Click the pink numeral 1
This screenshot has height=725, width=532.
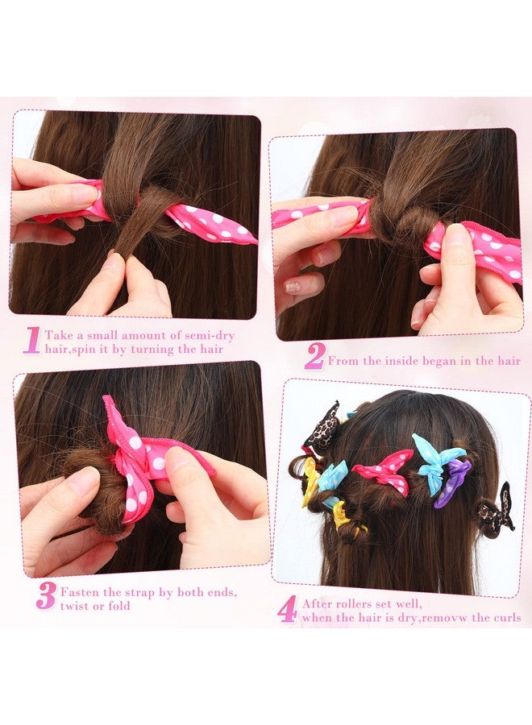[x=32, y=341]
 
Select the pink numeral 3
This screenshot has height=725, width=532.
[x=46, y=596]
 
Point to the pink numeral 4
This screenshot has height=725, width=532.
[x=287, y=610]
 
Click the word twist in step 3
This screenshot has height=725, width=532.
[x=74, y=605]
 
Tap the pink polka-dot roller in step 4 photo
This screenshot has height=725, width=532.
[x=384, y=471]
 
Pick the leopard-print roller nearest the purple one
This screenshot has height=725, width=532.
[x=495, y=507]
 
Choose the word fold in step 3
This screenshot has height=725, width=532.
[x=119, y=605]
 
